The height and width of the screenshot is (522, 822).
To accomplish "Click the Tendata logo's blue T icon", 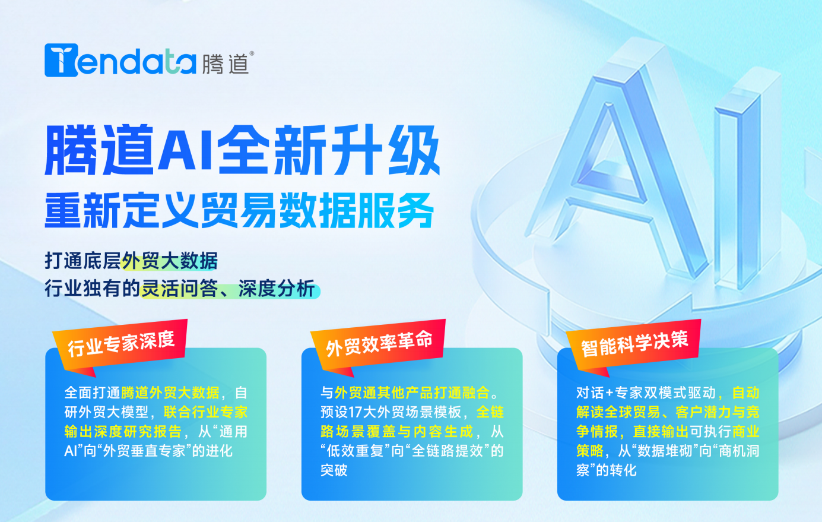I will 61,60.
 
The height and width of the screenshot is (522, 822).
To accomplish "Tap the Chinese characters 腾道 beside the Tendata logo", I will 225,64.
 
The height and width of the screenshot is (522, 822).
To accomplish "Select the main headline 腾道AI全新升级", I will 242,151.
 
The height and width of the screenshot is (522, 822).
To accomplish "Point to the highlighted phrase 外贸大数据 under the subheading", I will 170,261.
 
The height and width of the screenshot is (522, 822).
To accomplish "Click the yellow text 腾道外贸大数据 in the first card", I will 170,393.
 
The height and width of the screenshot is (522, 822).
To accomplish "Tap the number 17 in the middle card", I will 356,412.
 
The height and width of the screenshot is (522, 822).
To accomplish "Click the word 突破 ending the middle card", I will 334,470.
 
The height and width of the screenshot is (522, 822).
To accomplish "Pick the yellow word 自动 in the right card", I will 745,393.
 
